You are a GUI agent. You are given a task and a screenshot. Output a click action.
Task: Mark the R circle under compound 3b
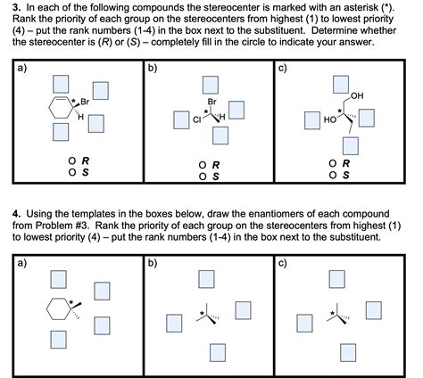coord(204,165)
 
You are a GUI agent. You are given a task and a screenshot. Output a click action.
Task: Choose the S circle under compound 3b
coord(204,177)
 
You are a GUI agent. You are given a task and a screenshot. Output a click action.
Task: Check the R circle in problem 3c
coord(333,164)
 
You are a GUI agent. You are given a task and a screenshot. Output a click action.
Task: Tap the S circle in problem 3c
coord(333,175)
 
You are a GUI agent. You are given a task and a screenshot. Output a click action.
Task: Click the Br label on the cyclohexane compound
coord(86,101)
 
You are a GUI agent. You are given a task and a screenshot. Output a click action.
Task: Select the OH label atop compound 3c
coord(358,95)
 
